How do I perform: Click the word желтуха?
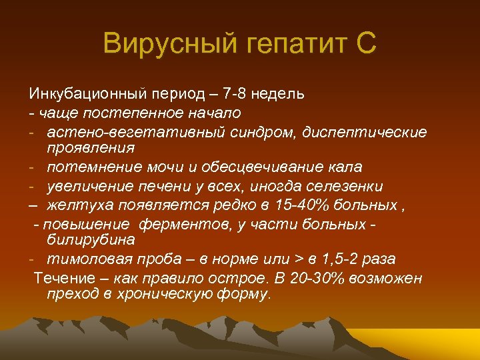click(x=77, y=204)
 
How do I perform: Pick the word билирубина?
click(x=91, y=239)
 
